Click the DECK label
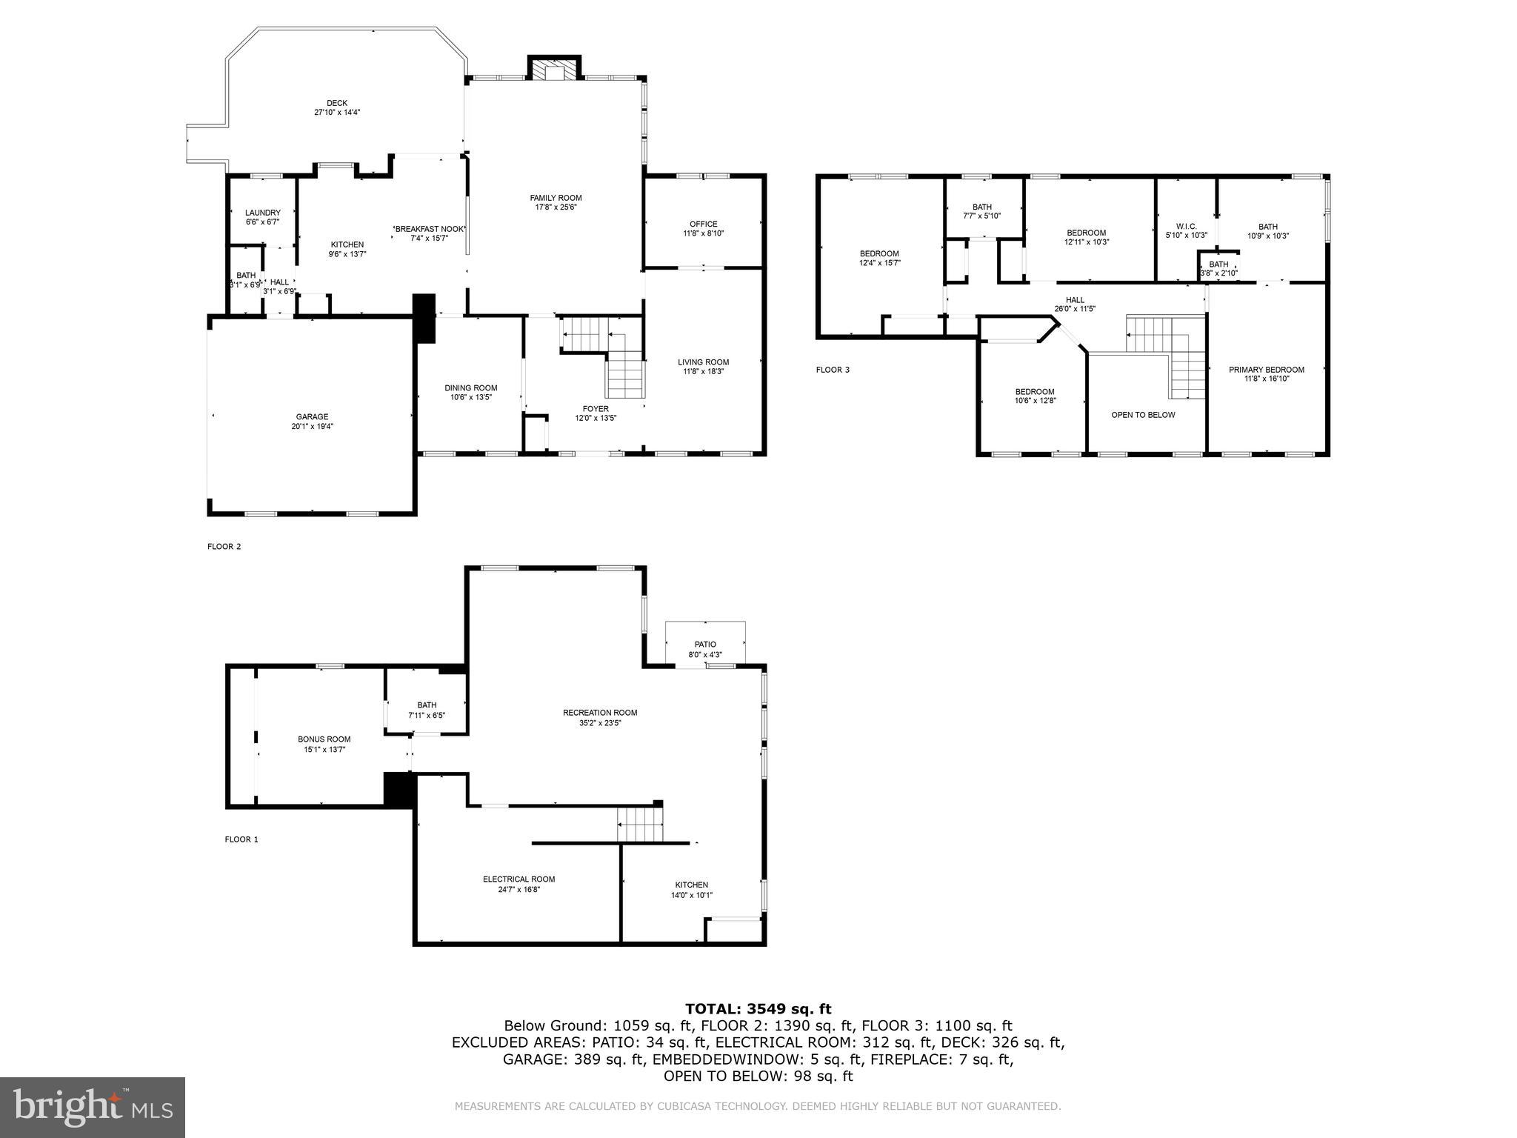pyautogui.click(x=337, y=103)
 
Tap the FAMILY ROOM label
pyautogui.click(x=556, y=198)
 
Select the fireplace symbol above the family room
pyautogui.click(x=553, y=69)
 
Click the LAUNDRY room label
pyautogui.click(x=263, y=213)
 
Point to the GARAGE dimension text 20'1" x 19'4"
pyautogui.click(x=312, y=427)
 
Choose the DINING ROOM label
pyautogui.click(x=471, y=388)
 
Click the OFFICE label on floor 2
pyautogui.click(x=703, y=224)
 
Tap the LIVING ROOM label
pyautogui.click(x=703, y=362)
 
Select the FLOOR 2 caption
pyautogui.click(x=224, y=547)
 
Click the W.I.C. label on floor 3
pyautogui.click(x=1186, y=227)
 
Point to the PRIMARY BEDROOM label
pyautogui.click(x=1267, y=370)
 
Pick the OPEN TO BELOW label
pyautogui.click(x=1143, y=415)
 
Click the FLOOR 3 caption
pyautogui.click(x=833, y=370)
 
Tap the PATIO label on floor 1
pyautogui.click(x=705, y=645)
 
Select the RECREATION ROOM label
pyautogui.click(x=600, y=713)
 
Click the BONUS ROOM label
pyautogui.click(x=324, y=739)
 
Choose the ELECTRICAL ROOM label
pyautogui.click(x=519, y=879)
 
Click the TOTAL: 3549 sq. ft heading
pyautogui.click(x=758, y=1008)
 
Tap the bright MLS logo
pyautogui.click(x=93, y=1107)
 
